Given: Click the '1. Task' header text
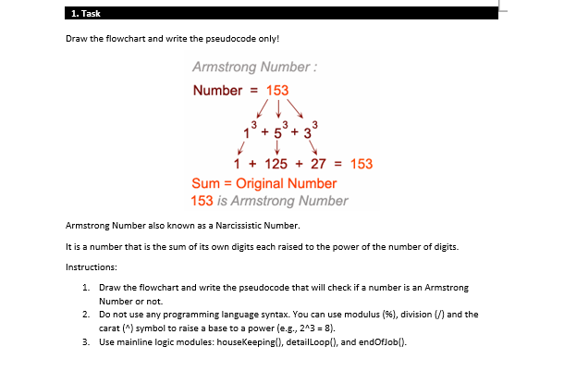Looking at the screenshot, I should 85,13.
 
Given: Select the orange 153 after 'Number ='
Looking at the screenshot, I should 277,91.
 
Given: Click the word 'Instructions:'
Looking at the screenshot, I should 91,266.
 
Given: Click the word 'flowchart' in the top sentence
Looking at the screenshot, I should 129,39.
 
